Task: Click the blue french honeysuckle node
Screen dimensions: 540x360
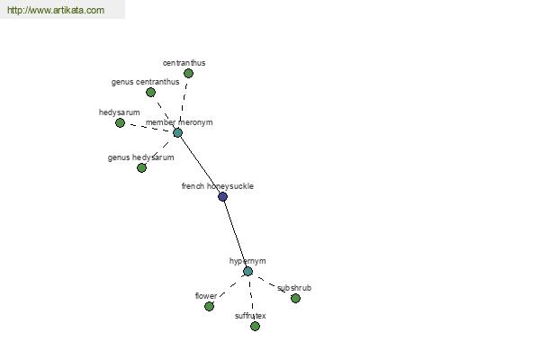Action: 223,197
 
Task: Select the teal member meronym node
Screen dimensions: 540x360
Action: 177,132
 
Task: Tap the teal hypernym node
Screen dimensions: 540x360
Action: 248,271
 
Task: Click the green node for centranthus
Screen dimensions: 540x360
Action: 188,73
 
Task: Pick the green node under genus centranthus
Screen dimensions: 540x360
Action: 150,92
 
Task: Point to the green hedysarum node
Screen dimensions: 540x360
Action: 120,122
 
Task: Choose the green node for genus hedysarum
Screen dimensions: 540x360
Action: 141,167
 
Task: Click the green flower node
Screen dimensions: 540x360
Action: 209,306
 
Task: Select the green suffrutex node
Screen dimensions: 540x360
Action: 255,326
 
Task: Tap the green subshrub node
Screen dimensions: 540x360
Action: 295,298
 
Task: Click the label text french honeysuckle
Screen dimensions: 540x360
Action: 218,186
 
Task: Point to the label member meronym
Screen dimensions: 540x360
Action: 179,122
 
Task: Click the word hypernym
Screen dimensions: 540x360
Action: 247,261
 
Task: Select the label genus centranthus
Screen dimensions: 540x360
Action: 145,82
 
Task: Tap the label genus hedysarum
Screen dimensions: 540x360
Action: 141,157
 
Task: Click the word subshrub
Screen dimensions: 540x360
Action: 294,288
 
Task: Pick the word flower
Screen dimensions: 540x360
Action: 206,296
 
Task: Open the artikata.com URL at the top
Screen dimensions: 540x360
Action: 56,10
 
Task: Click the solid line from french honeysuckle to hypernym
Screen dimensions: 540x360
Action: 236,234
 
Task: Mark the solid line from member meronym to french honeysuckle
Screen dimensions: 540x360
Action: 200,165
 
